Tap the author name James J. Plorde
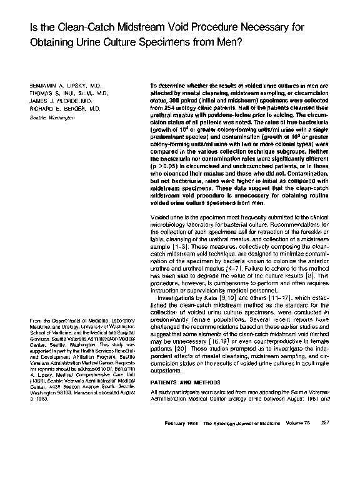(56, 100)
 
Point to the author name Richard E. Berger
(60, 107)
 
